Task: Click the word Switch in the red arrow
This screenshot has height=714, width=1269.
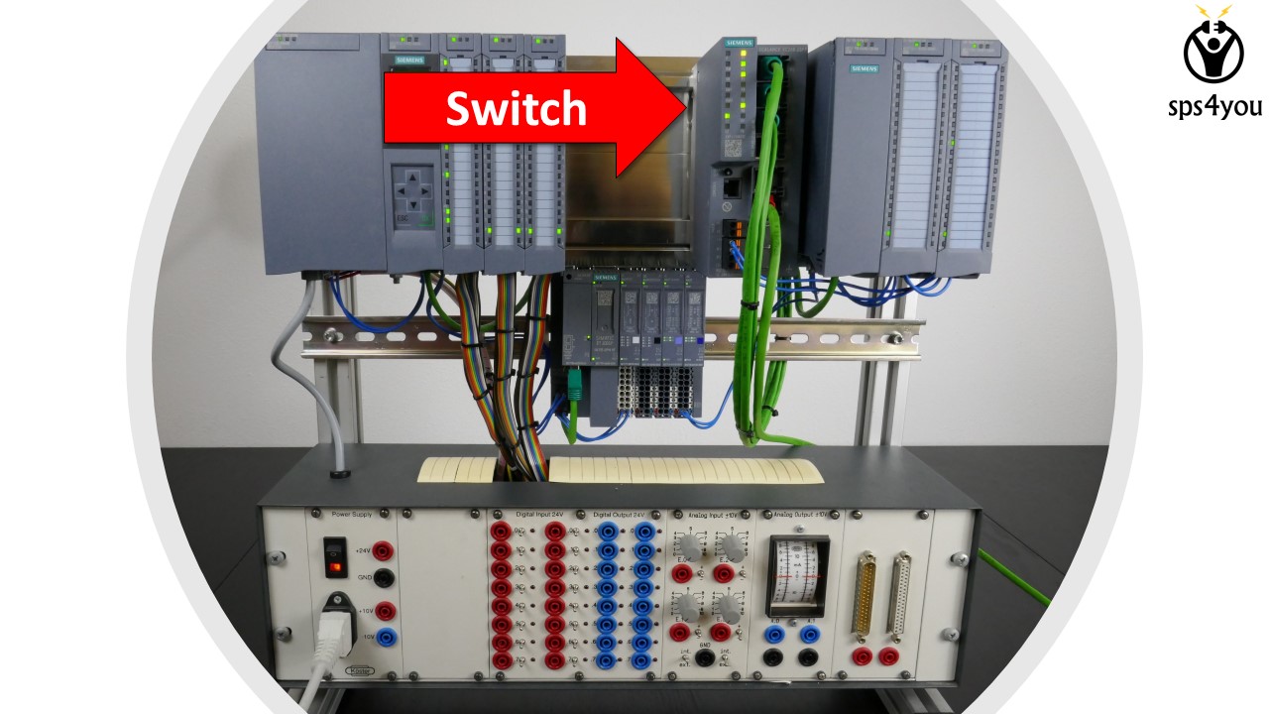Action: (x=516, y=108)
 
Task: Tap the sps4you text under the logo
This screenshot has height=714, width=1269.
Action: (x=1213, y=106)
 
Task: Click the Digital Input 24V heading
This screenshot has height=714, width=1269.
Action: (x=539, y=516)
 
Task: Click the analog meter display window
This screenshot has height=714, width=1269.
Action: (x=799, y=573)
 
